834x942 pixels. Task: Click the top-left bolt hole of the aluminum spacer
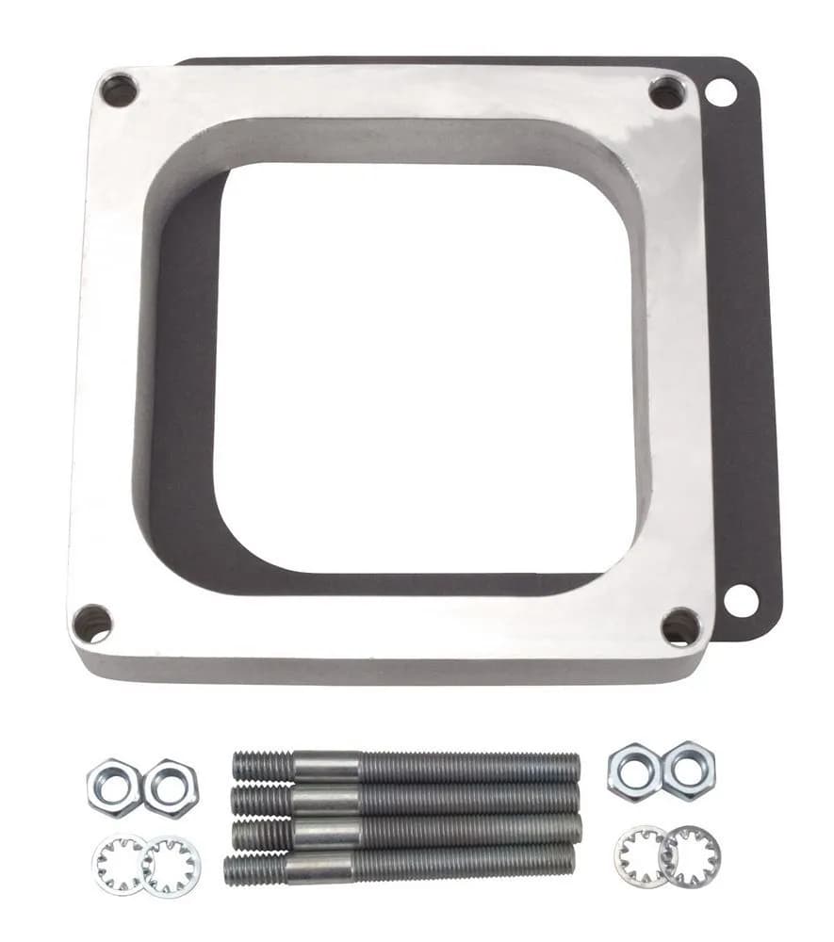pos(120,90)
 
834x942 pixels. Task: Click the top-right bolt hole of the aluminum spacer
pos(667,92)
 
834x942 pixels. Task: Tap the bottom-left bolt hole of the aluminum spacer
pos(92,624)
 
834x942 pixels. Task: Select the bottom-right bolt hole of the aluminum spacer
pos(680,626)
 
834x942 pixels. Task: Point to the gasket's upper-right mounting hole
pos(721,92)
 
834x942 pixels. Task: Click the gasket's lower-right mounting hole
pos(741,600)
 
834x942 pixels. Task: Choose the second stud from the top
pos(405,800)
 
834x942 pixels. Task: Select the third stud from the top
pos(405,832)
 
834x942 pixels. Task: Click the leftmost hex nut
pos(114,787)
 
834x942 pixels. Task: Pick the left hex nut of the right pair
pos(634,771)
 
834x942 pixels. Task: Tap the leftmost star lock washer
pos(119,864)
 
